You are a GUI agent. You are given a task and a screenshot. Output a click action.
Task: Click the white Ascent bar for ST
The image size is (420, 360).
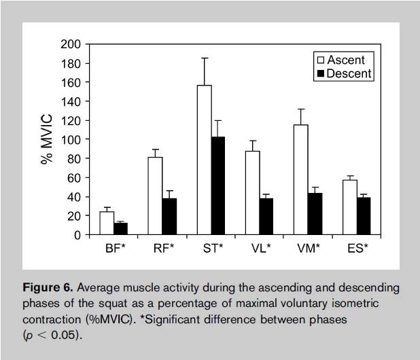click(204, 160)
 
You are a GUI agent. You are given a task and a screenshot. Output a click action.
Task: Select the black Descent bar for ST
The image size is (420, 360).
click(217, 185)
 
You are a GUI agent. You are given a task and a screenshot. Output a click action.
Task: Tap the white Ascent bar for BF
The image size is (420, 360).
click(107, 223)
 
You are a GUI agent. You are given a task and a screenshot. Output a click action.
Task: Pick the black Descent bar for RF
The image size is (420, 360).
click(169, 216)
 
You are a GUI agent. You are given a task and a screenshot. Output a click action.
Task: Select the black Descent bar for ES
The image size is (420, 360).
click(364, 216)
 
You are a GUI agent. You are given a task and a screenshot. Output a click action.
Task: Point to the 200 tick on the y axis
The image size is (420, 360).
click(72, 45)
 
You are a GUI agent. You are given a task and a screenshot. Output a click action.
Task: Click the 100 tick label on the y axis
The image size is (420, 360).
click(72, 140)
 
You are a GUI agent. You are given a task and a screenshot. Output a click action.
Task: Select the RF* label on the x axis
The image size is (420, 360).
click(163, 249)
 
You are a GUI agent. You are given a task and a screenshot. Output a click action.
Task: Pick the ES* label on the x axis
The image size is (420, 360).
click(357, 249)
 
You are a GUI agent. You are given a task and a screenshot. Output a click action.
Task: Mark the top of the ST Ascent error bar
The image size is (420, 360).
click(204, 58)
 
